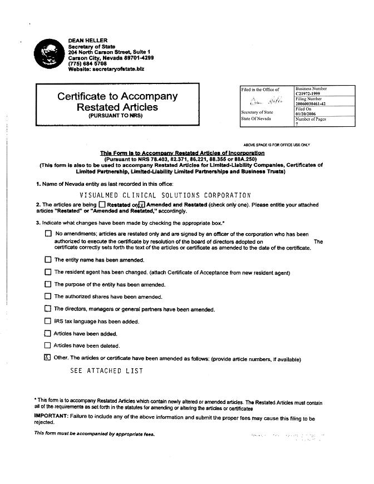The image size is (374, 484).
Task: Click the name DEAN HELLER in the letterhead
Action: tap(87, 41)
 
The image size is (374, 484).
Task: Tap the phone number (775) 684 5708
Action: tap(87, 63)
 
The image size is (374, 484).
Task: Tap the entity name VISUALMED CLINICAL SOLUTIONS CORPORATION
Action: tap(165, 195)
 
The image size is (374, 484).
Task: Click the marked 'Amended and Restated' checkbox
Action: tap(141, 205)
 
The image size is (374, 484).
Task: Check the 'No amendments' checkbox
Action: tap(48, 234)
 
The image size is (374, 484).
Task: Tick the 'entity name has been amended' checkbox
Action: tap(48, 259)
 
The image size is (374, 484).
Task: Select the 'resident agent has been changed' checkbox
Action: tap(48, 272)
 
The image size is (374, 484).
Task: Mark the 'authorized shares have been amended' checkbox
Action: tap(48, 297)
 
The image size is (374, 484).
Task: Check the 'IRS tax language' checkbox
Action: tap(48, 321)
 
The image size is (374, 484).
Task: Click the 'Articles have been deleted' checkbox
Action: tap(47, 345)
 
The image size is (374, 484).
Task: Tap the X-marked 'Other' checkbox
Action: tap(47, 358)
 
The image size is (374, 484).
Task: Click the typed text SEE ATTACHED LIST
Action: tap(106, 371)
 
